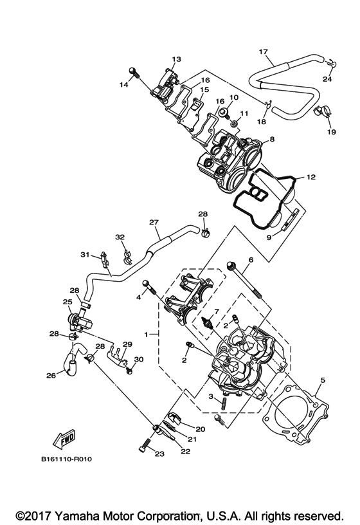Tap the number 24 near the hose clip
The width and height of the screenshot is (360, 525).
pyautogui.click(x=328, y=79)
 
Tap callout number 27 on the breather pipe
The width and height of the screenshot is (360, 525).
pyautogui.click(x=154, y=223)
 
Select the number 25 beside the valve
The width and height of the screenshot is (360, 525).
pyautogui.click(x=67, y=302)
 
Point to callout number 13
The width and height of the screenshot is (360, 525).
pyautogui.click(x=177, y=59)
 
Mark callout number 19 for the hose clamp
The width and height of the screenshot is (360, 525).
pyautogui.click(x=332, y=132)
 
